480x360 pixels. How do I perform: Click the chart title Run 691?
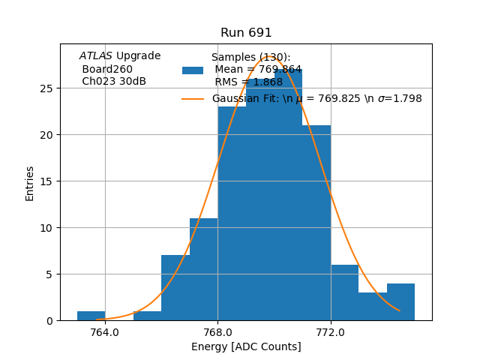point(246,33)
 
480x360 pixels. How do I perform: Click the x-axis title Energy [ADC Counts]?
point(246,346)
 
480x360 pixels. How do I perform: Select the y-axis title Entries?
point(30,183)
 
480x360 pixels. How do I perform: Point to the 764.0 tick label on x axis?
point(105,332)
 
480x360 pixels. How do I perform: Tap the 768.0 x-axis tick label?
point(217,332)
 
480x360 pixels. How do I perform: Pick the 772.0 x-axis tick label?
point(331,332)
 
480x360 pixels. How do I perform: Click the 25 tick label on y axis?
point(46,88)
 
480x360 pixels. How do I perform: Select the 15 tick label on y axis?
point(46,181)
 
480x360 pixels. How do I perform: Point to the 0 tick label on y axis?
point(49,321)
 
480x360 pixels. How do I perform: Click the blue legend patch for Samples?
point(193,70)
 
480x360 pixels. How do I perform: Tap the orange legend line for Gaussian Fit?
point(193,99)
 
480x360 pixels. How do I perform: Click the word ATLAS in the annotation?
point(96,56)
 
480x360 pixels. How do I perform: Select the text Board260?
point(107,70)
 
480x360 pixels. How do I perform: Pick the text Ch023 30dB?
point(114,82)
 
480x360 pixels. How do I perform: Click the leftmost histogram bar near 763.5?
point(91,316)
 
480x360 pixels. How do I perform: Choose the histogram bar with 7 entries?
point(175,288)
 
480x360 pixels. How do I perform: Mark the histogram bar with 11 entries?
point(203,269)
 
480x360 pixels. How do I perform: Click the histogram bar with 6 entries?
point(344,292)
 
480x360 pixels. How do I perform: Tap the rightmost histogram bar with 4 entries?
point(400,302)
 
